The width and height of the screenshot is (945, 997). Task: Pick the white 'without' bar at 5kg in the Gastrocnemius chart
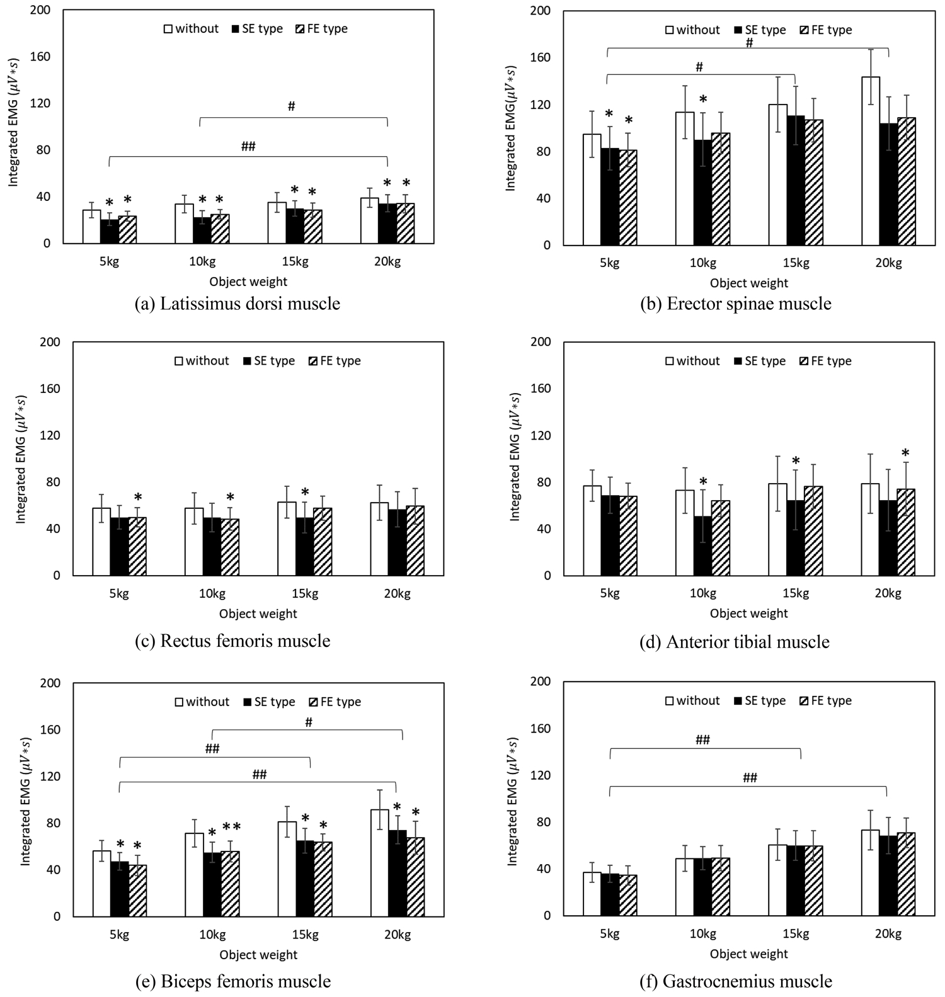point(592,894)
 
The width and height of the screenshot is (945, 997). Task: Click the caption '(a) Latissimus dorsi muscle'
point(238,304)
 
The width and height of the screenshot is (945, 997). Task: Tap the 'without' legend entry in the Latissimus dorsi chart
point(191,28)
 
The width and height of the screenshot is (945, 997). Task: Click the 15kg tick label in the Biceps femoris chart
point(304,935)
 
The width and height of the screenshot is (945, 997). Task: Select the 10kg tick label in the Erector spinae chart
point(702,263)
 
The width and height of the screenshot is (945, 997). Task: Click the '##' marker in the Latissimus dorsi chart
point(248,147)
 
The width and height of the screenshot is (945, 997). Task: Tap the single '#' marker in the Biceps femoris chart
point(309,722)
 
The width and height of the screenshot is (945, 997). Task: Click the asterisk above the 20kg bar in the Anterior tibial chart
point(905,453)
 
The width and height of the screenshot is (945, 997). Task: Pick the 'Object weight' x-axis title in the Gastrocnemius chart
point(748,954)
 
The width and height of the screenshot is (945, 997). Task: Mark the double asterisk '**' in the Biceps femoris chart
point(231,827)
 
